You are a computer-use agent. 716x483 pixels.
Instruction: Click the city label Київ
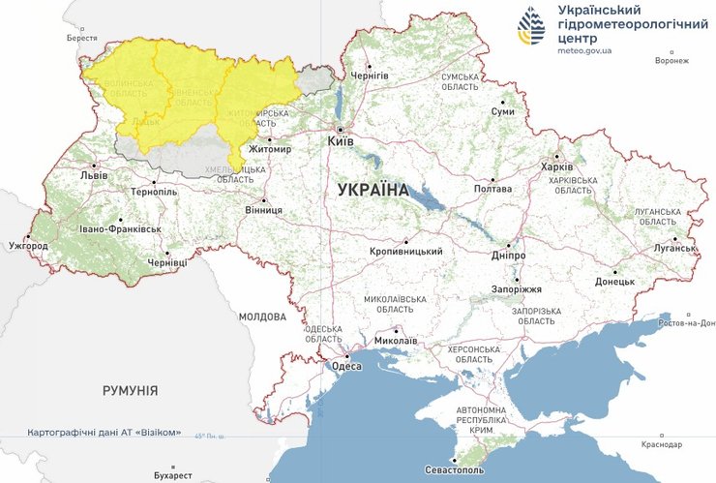coord(342,141)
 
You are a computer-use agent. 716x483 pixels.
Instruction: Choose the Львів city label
coord(94,177)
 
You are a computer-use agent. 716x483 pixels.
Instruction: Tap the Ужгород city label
coord(27,246)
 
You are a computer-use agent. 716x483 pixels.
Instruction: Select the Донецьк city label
coord(614,281)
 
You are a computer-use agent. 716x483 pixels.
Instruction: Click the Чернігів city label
coord(370,75)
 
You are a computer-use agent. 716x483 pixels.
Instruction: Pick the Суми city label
coord(503,112)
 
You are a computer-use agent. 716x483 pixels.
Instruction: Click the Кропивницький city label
coord(405,252)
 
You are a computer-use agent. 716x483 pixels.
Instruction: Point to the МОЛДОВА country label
coord(262,317)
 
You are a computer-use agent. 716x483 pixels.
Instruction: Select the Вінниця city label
coord(263,209)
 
